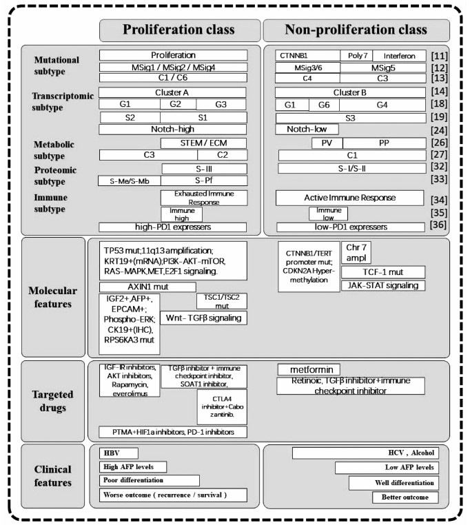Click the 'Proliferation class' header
pos(178,30)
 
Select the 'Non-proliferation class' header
pos(356,30)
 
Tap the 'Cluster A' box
pos(173,92)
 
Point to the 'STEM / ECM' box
pos(204,143)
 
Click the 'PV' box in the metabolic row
pos(327,143)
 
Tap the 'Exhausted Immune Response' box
pos(204,198)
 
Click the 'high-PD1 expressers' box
pos(173,227)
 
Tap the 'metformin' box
pos(309,370)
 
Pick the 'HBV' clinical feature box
pos(117,453)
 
